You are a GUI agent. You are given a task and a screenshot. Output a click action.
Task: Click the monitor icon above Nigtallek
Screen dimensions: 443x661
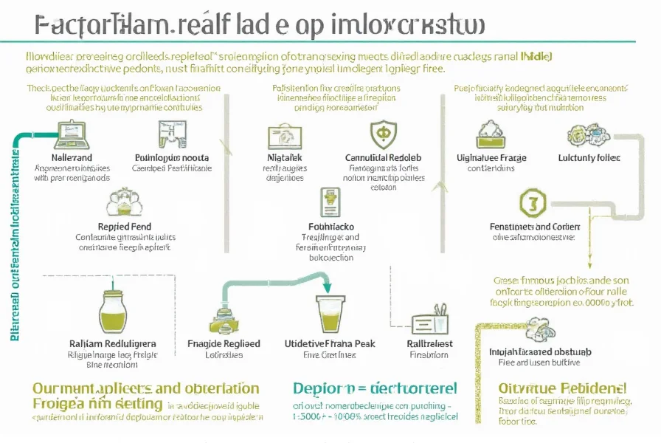click(284, 135)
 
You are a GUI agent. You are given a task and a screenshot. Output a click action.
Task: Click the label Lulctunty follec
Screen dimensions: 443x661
click(589, 157)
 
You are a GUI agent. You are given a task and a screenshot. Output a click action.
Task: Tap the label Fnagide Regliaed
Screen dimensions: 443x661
click(224, 344)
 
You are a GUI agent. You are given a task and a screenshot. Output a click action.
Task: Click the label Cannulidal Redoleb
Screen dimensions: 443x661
click(383, 157)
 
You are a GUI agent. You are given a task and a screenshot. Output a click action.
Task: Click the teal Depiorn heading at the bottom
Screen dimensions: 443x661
click(374, 388)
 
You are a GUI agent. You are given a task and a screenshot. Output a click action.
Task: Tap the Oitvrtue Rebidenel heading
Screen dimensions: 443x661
click(561, 388)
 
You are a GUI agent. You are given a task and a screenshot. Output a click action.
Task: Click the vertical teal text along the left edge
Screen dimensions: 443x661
click(14, 236)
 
